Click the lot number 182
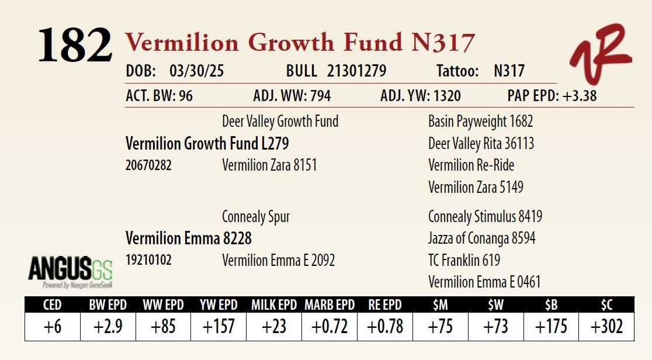(75, 45)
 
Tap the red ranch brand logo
(601, 53)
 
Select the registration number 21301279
(356, 71)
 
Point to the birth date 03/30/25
(196, 71)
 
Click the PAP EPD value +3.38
(579, 96)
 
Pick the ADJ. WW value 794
(320, 96)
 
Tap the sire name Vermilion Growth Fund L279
(207, 144)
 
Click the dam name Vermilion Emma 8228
(188, 238)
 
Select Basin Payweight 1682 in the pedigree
(480, 122)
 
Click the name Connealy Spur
(256, 217)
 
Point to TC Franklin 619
(464, 261)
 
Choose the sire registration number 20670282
(148, 165)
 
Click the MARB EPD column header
(330, 305)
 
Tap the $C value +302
(606, 327)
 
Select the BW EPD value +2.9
(108, 327)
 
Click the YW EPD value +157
(219, 327)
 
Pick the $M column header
(441, 305)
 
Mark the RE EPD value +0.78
(385, 327)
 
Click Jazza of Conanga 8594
(481, 238)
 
